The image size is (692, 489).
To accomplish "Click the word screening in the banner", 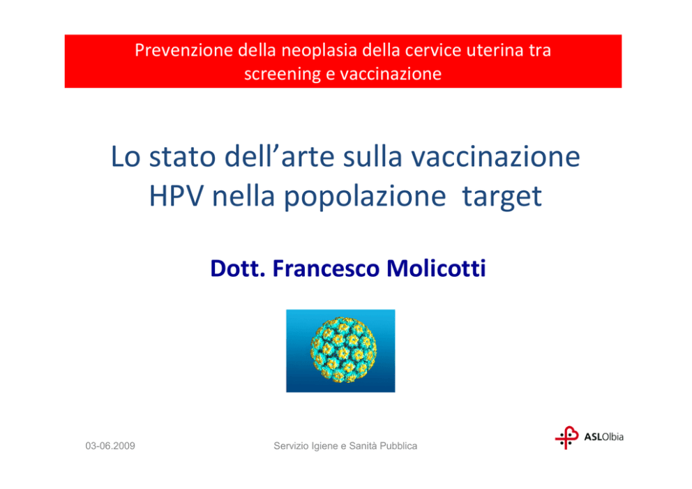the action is click(x=283, y=74).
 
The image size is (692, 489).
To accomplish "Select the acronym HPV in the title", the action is click(x=176, y=196).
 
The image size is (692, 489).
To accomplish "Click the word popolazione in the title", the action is click(x=365, y=197).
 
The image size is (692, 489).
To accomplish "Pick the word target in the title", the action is click(x=502, y=197).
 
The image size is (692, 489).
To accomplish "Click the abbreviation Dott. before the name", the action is click(x=237, y=269).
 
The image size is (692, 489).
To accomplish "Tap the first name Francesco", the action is click(x=326, y=269).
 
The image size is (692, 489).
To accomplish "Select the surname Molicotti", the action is click(x=436, y=269).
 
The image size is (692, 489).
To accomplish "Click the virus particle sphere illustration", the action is click(x=343, y=349).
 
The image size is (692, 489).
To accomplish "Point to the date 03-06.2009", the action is click(x=110, y=446).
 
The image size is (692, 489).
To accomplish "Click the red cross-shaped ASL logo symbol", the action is click(x=566, y=438).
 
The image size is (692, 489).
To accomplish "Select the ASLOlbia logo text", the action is click(x=603, y=437).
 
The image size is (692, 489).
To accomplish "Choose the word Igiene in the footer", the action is click(x=324, y=446).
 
